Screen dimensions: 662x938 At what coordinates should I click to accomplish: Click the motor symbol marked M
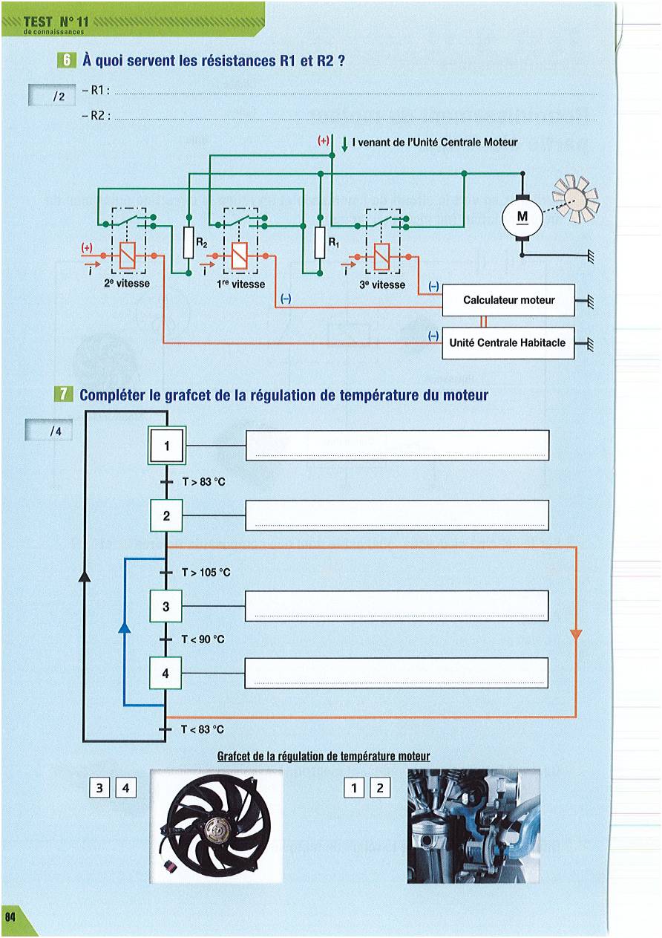click(x=522, y=218)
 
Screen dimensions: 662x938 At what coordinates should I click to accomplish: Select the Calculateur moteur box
click(x=508, y=300)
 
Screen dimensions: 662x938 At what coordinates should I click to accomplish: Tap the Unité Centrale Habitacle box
click(x=508, y=343)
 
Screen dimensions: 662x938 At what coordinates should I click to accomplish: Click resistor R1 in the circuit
click(x=320, y=242)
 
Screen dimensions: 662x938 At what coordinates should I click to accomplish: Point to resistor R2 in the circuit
click(x=189, y=242)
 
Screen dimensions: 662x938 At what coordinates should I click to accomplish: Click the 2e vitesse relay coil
click(x=127, y=255)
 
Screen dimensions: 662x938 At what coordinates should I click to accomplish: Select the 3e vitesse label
click(x=382, y=284)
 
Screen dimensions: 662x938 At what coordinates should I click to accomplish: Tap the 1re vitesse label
click(x=240, y=284)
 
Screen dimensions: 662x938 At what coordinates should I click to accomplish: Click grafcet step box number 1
click(x=166, y=446)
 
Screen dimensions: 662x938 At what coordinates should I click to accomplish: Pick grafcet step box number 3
click(x=166, y=606)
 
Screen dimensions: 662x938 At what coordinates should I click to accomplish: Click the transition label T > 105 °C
click(x=206, y=573)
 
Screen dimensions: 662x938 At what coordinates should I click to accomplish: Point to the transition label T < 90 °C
click(x=203, y=639)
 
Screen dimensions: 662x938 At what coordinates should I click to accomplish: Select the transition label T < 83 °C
click(x=203, y=729)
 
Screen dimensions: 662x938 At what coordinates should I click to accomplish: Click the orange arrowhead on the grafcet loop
click(x=576, y=634)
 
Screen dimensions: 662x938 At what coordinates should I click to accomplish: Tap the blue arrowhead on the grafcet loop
click(x=124, y=627)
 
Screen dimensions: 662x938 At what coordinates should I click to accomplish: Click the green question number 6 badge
click(x=67, y=61)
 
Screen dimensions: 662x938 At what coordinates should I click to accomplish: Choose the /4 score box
click(x=49, y=430)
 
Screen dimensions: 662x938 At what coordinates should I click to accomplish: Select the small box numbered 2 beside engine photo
click(x=380, y=788)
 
